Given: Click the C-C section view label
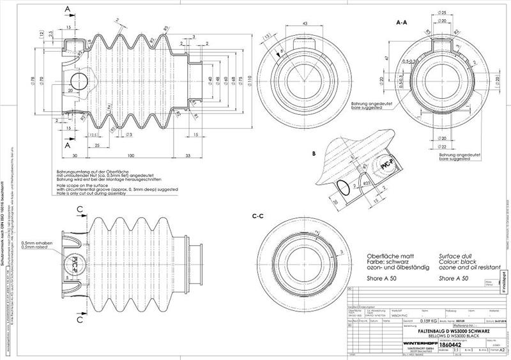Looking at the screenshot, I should click(x=259, y=216).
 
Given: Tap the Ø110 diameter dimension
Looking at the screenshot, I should click(x=250, y=81).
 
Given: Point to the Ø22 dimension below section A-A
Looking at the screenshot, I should click(x=441, y=147).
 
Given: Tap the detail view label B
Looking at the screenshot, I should click(x=314, y=154).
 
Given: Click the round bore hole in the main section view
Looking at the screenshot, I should click(x=80, y=81).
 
